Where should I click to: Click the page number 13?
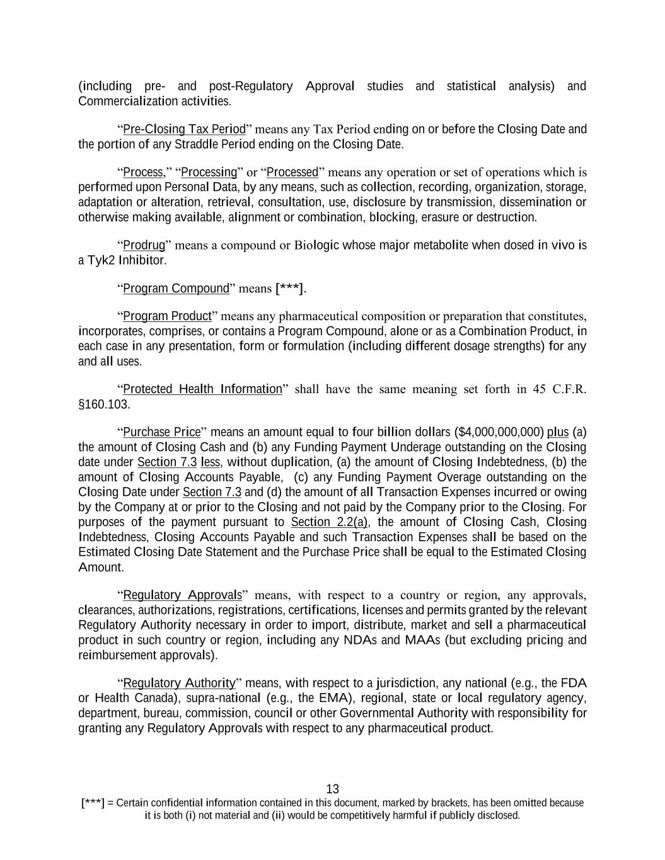pyautogui.click(x=333, y=789)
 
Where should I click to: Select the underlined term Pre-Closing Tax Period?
pyautogui.click(x=184, y=129)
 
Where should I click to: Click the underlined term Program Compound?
pyautogui.click(x=176, y=289)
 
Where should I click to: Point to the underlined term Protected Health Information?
pyautogui.click(x=202, y=389)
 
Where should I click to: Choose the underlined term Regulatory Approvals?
pyautogui.click(x=183, y=595)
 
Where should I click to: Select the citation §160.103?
pyautogui.click(x=104, y=404)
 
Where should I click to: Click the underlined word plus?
pyautogui.click(x=558, y=432)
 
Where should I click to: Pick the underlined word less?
pyautogui.click(x=211, y=462)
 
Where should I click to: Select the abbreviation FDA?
pyautogui.click(x=574, y=683)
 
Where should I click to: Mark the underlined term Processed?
pyautogui.click(x=292, y=172)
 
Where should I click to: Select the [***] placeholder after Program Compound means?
pyautogui.click(x=289, y=289)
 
